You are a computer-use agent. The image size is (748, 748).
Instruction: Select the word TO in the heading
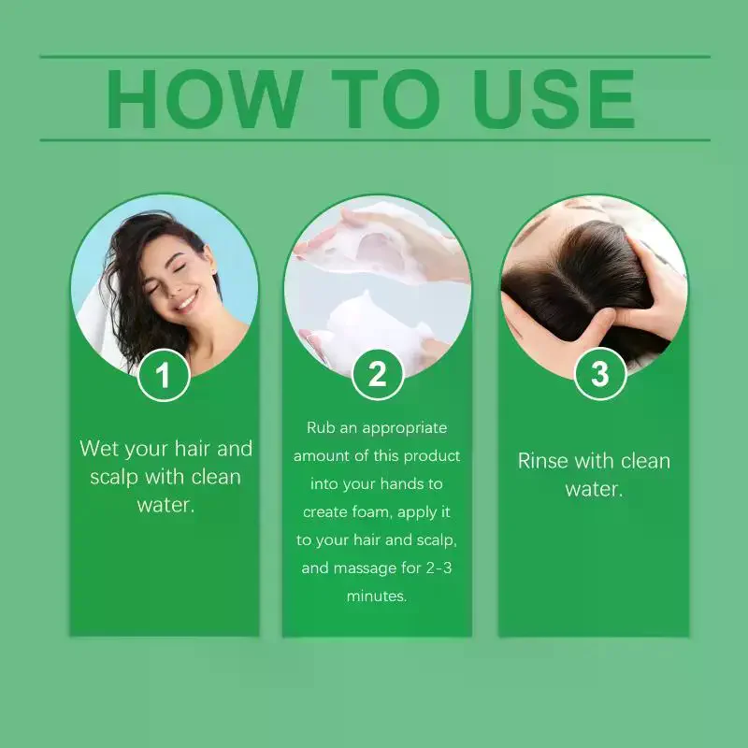385,99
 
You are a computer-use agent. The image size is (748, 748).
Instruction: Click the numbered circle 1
164,375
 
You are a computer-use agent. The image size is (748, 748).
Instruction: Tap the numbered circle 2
378,374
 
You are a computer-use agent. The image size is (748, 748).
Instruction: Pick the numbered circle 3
600,373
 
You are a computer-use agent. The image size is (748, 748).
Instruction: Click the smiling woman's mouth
186,301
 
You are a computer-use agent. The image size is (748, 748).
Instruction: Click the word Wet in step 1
100,449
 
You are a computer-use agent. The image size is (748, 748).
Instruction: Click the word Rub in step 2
321,427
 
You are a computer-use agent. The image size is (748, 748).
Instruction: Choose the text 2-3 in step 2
439,568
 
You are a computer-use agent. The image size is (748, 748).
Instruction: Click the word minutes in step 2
377,596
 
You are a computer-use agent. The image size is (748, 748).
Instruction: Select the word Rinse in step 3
542,461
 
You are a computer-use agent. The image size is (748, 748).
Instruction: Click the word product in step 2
432,456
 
